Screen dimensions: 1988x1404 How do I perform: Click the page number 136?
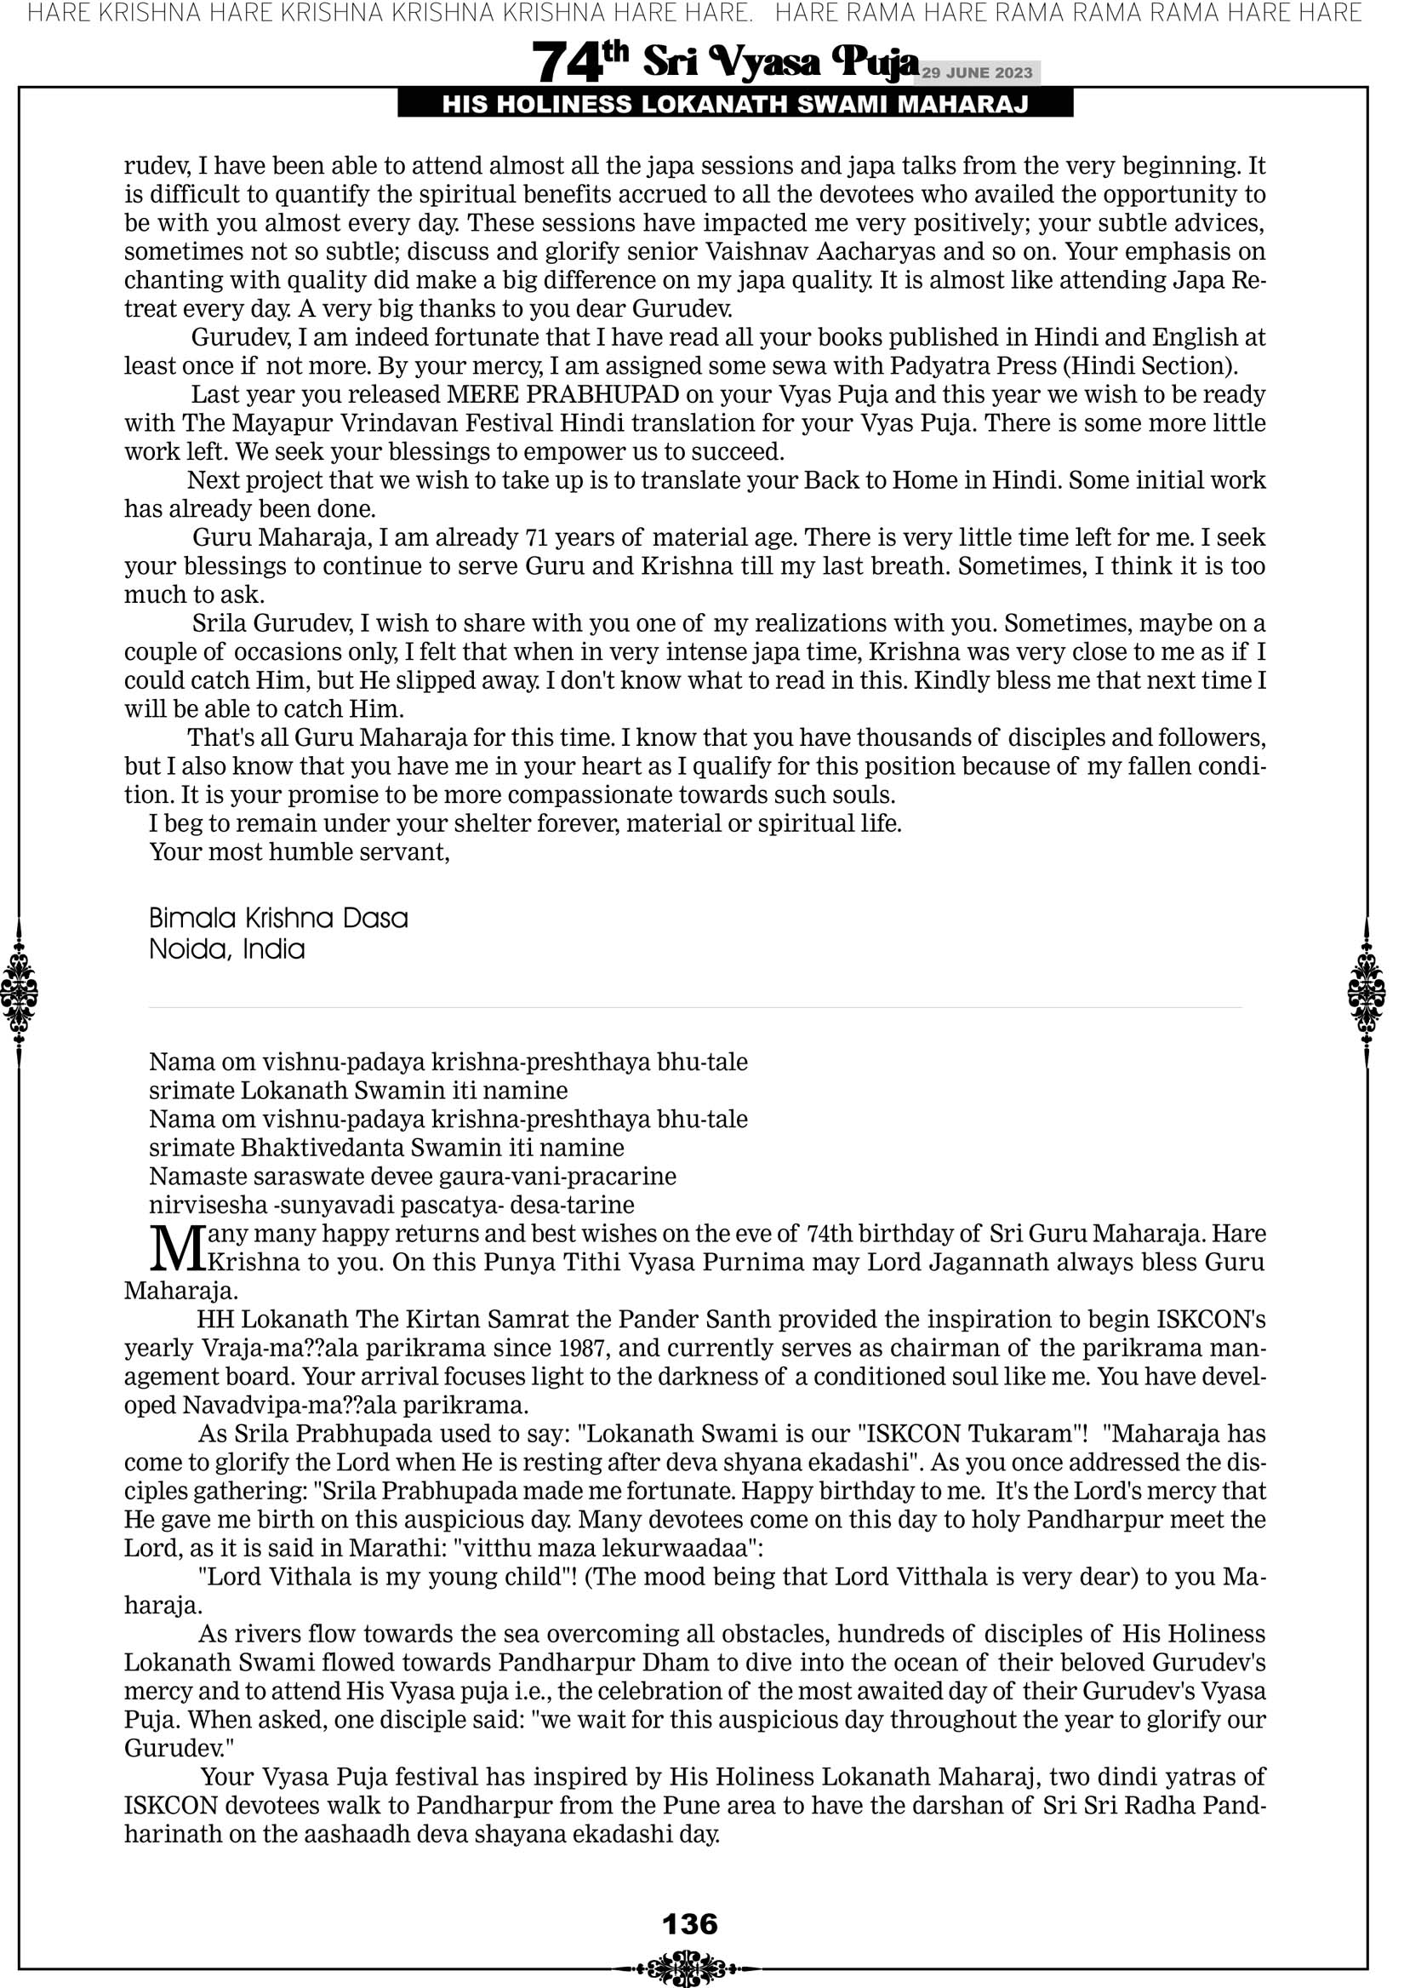[690, 1923]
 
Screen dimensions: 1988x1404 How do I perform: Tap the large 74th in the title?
[579, 62]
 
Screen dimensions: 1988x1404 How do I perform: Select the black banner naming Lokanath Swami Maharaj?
[735, 105]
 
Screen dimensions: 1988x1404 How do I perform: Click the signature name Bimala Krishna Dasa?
[278, 918]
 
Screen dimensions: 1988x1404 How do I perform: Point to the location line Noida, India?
[227, 949]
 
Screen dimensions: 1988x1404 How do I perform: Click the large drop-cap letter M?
[178, 1247]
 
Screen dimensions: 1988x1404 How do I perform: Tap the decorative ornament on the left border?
[19, 992]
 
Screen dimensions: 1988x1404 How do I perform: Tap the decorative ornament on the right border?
[1367, 992]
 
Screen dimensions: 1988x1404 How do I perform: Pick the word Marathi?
[392, 1548]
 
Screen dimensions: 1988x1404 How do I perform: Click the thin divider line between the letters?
[694, 1008]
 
